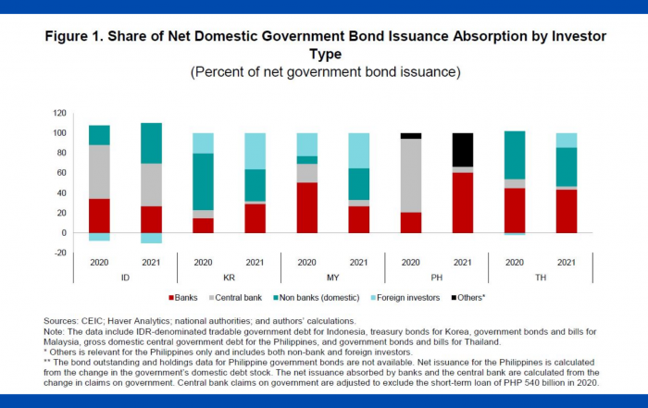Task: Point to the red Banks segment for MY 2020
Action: (306, 207)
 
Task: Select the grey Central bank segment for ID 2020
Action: (99, 172)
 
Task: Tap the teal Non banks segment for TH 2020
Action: (514, 155)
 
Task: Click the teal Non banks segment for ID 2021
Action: (151, 143)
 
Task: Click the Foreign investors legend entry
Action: (392, 297)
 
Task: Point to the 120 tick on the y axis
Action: (59, 113)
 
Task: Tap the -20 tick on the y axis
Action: (59, 253)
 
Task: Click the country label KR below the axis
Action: (229, 277)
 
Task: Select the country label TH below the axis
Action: (540, 277)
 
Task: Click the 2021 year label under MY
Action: (358, 263)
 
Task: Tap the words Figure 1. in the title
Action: (79, 37)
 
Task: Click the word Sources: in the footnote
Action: (61, 320)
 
